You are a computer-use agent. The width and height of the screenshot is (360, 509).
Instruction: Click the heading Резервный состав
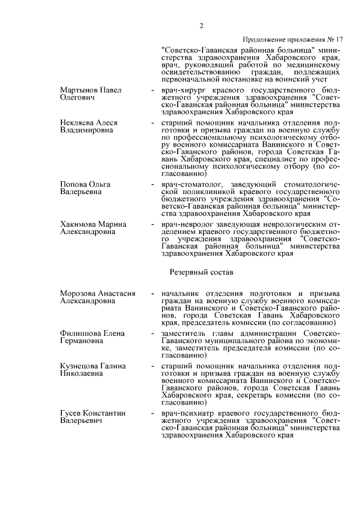(201, 272)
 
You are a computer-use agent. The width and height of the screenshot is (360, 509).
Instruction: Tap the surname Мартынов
(79, 91)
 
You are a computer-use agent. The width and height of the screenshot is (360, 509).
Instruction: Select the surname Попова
(74, 184)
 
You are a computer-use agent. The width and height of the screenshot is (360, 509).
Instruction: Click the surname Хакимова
(79, 224)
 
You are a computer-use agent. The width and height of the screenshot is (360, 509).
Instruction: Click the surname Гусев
(71, 413)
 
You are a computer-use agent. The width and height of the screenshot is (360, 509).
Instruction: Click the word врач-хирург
(180, 91)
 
